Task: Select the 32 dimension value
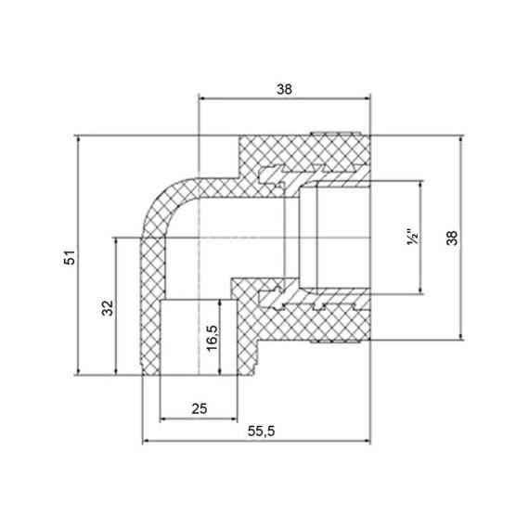(x=106, y=307)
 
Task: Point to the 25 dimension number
(x=198, y=406)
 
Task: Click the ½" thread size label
(x=412, y=239)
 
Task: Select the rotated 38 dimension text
(x=452, y=238)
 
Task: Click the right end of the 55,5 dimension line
(x=371, y=440)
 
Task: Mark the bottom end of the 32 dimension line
(x=115, y=375)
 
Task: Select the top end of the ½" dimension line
(x=422, y=182)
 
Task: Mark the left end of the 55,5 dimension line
(x=140, y=440)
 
